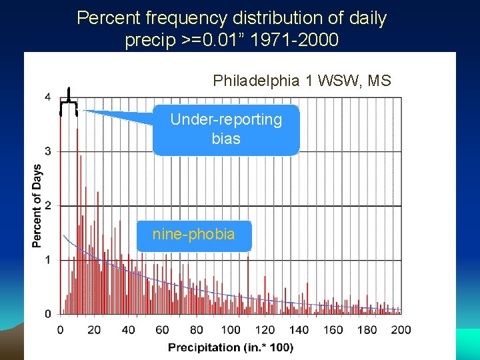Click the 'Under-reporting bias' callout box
[226, 129]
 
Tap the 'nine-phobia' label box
[193, 235]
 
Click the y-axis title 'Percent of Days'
[37, 205]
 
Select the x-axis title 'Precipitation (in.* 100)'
[230, 347]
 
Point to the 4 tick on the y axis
[47, 97]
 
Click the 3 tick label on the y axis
[47, 151]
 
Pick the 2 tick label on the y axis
[47, 205]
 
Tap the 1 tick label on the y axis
[47, 259]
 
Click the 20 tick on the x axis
[94, 329]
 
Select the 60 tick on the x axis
[162, 329]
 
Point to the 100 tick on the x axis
[231, 329]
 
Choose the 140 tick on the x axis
[299, 329]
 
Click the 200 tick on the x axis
[401, 329]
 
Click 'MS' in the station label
[380, 81]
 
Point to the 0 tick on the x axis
[61, 329]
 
